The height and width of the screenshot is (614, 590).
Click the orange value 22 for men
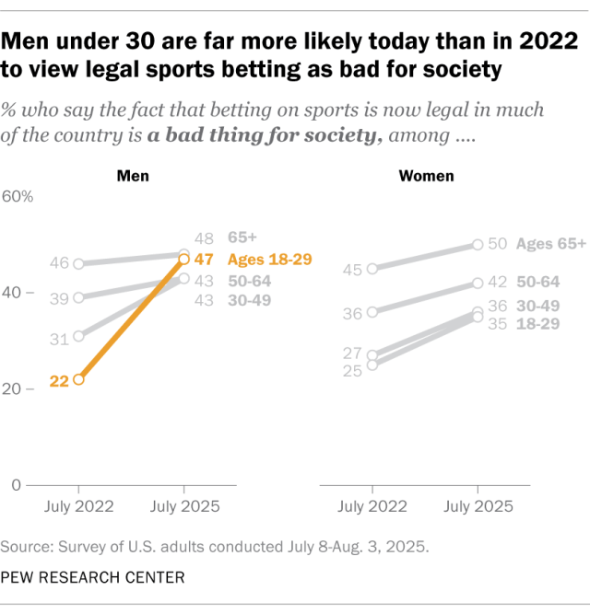(58, 379)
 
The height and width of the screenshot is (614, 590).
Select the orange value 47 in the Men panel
(204, 260)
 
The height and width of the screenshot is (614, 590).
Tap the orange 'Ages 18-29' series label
(269, 260)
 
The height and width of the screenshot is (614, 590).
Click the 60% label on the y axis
(18, 197)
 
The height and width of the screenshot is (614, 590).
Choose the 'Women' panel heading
(425, 175)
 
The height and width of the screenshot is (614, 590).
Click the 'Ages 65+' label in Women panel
(551, 244)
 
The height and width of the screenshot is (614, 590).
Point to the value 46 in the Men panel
(58, 263)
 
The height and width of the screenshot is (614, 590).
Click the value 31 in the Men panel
(58, 339)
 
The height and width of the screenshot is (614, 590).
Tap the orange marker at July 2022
(78, 378)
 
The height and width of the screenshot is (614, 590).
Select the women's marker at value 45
(372, 269)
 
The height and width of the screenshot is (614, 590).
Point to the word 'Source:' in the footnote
(27, 546)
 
